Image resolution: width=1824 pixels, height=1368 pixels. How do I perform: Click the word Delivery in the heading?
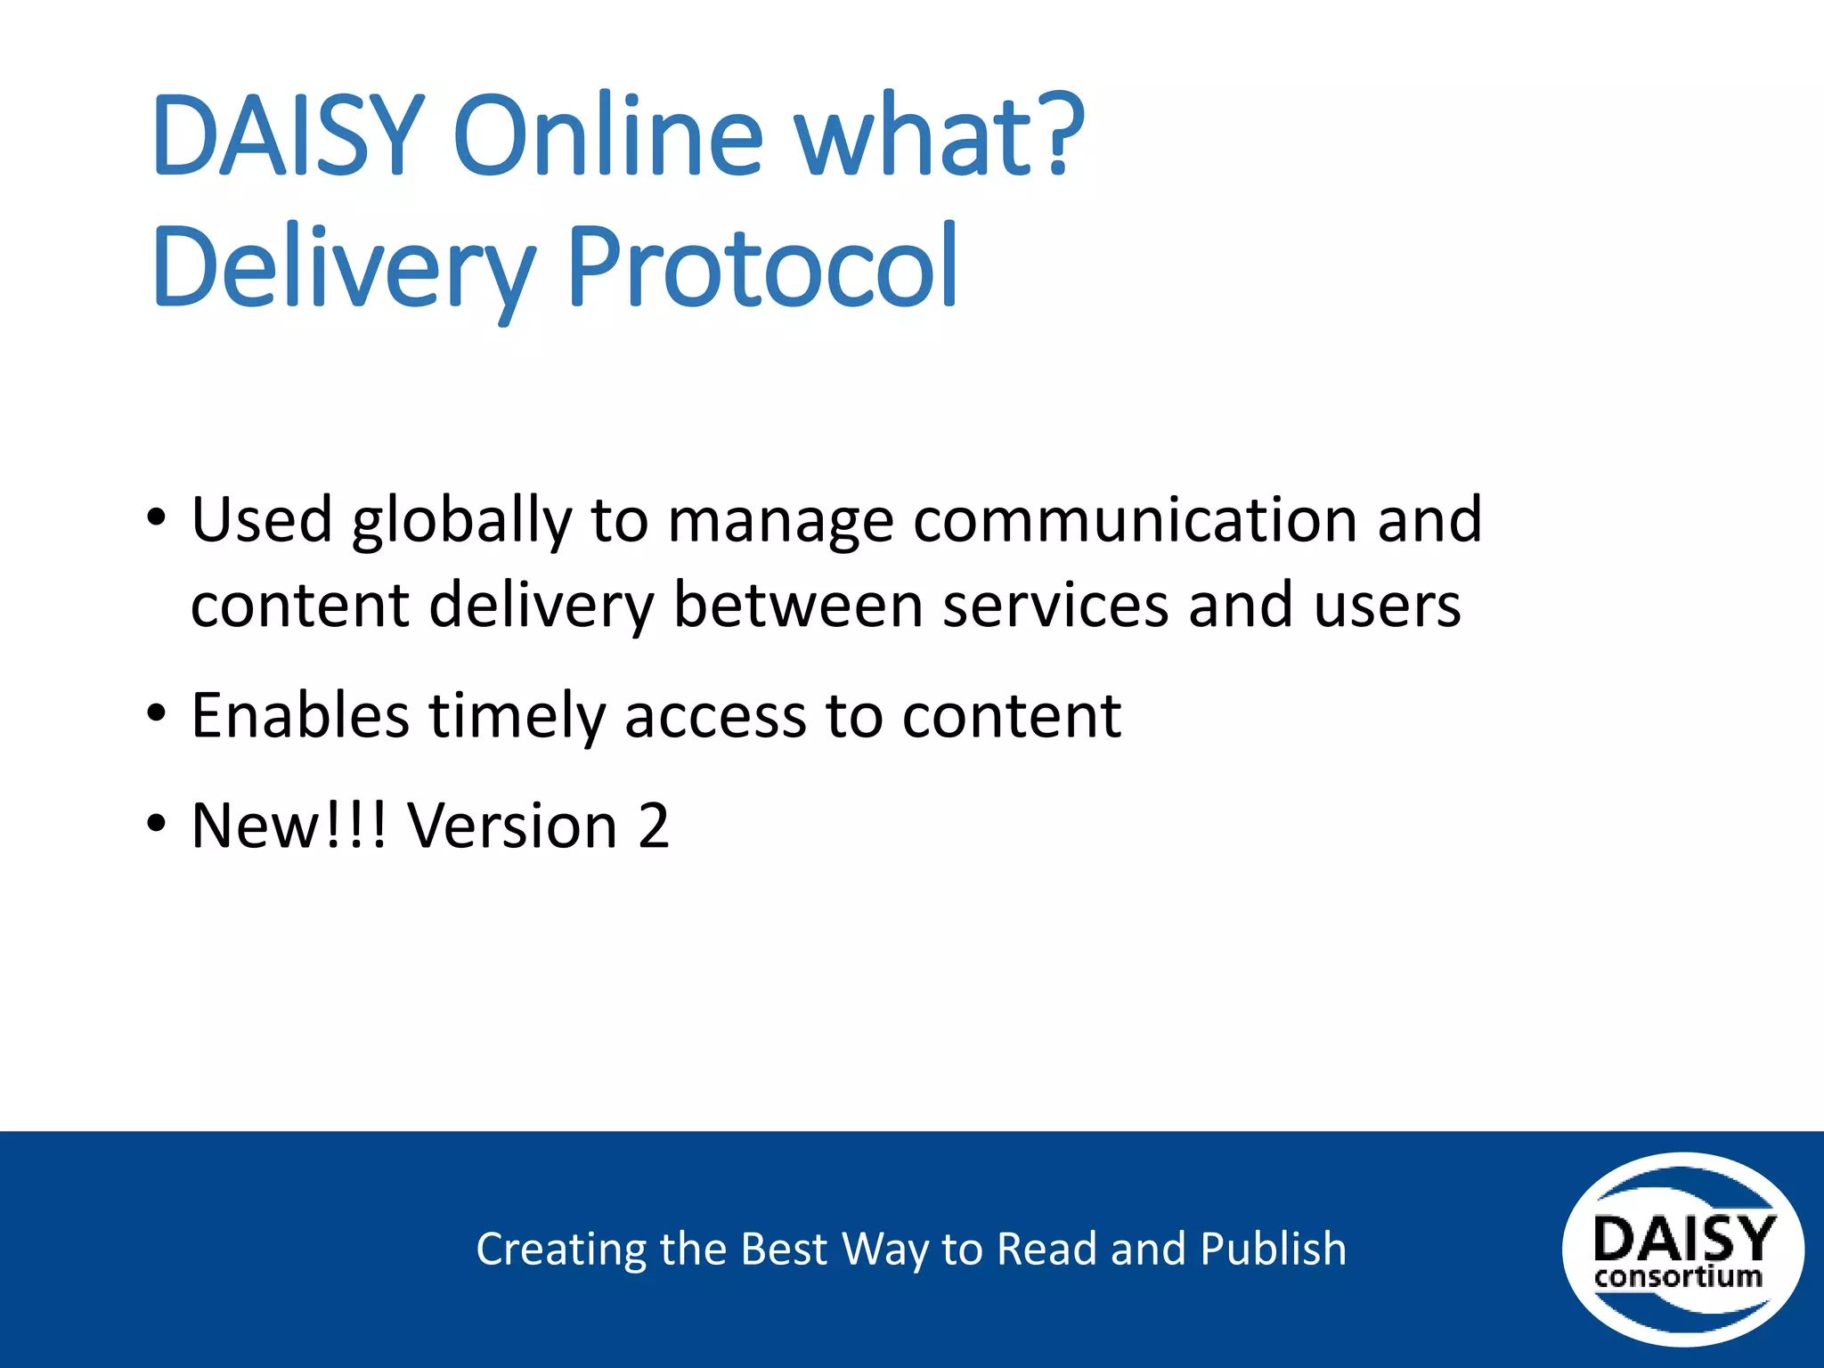[x=343, y=268]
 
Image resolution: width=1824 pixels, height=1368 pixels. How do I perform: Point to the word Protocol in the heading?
[x=762, y=266]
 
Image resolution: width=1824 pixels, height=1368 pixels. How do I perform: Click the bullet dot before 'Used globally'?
[x=157, y=517]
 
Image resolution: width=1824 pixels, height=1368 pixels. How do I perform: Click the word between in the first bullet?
[x=797, y=606]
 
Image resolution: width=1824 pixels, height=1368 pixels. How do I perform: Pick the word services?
[x=1055, y=606]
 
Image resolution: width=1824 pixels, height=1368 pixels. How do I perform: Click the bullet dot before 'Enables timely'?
[x=157, y=713]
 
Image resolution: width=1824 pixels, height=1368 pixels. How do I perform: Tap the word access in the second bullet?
[x=716, y=716]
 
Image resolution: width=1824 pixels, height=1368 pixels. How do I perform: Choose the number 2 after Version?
[x=654, y=826]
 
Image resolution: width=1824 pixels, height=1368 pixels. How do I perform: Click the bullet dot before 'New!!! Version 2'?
[x=157, y=824]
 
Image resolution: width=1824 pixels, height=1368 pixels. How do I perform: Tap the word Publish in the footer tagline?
[x=1273, y=1249]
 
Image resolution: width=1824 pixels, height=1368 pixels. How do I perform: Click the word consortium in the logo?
[x=1678, y=1277]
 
